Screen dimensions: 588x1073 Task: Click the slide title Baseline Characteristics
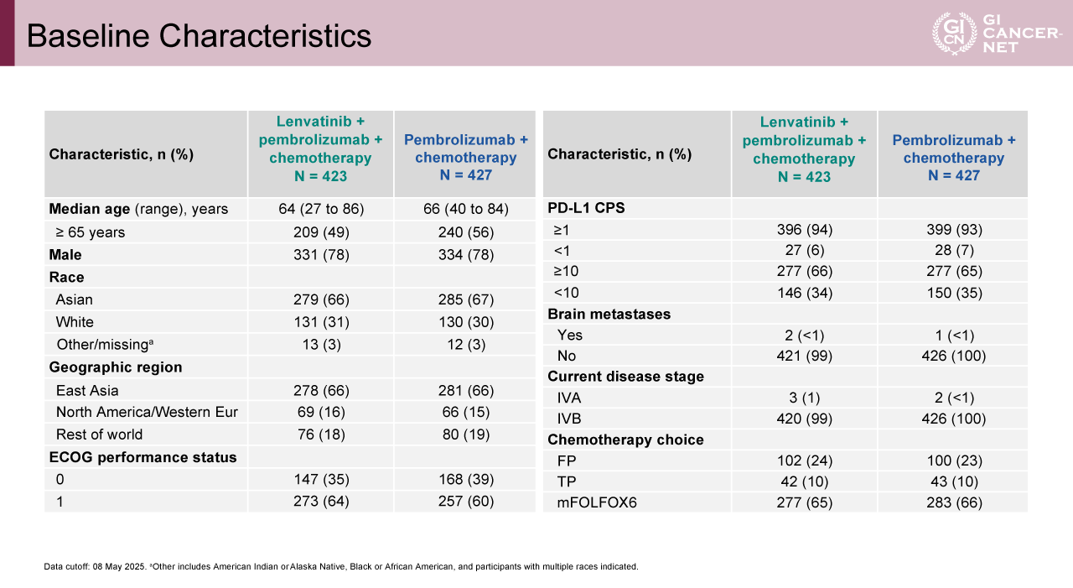pos(200,36)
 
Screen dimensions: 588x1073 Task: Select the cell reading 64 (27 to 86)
pos(320,209)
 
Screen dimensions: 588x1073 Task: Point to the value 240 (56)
pos(465,232)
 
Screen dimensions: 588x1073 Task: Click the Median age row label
pos(138,209)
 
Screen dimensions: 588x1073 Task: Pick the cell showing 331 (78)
pos(320,255)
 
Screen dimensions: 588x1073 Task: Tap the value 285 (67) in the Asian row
pos(465,299)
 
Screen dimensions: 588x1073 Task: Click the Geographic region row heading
pos(116,367)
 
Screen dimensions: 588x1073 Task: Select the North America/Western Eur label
pos(147,412)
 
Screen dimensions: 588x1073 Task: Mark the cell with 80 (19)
pos(465,434)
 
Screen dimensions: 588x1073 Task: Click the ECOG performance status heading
pos(143,457)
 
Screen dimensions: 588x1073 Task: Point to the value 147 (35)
pos(320,480)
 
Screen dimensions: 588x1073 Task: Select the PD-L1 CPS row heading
pos(585,208)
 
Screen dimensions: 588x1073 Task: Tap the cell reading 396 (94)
pos(804,229)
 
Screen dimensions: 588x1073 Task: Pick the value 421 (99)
pos(804,356)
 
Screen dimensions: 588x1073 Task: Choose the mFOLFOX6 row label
pos(596,503)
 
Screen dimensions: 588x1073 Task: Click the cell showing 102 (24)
pos(804,461)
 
